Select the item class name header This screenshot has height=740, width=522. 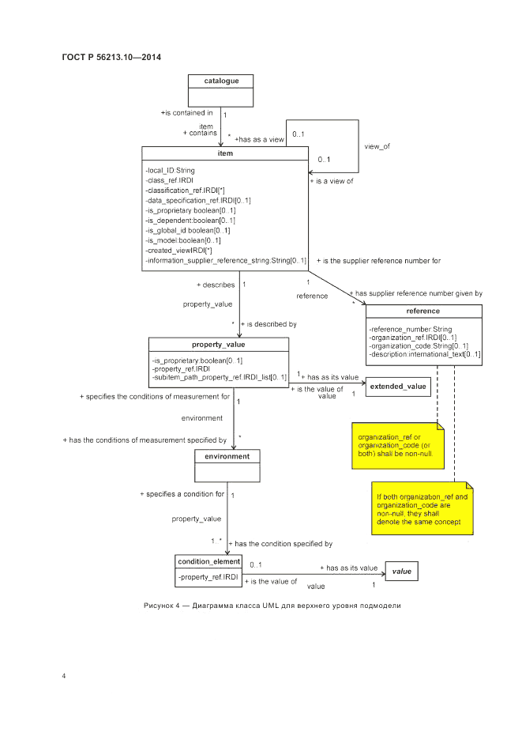click(225, 153)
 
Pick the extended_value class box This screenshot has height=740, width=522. click(399, 387)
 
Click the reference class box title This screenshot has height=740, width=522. click(423, 311)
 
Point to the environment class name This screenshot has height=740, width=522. click(227, 456)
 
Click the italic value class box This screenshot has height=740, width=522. click(402, 570)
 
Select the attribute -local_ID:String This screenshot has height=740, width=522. click(171, 170)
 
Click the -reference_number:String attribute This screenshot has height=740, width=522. click(410, 329)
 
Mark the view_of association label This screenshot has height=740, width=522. click(377, 146)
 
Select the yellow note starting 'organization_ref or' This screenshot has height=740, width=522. click(399, 447)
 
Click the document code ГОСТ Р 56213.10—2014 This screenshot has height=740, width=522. click(111, 57)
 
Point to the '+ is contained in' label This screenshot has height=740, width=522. click(186, 112)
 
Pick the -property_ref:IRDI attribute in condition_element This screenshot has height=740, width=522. click(208, 578)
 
